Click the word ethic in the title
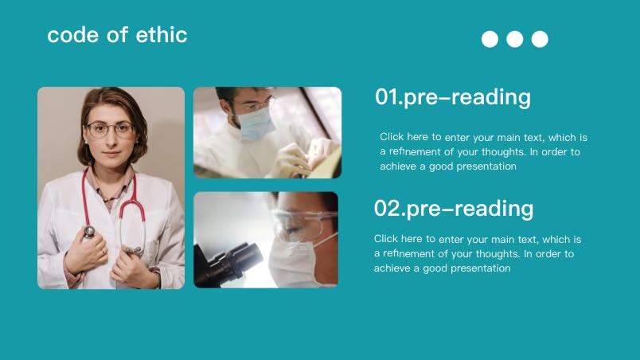tap(162, 35)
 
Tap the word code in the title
tap(73, 35)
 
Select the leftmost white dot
tap(490, 39)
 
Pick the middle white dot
tap(515, 39)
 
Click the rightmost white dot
tap(540, 39)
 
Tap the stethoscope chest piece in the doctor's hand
tap(89, 233)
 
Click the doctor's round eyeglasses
tap(110, 130)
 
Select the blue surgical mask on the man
tap(256, 123)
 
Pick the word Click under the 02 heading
tap(386, 238)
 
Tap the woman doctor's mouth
tap(111, 155)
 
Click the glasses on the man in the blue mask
tap(253, 104)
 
